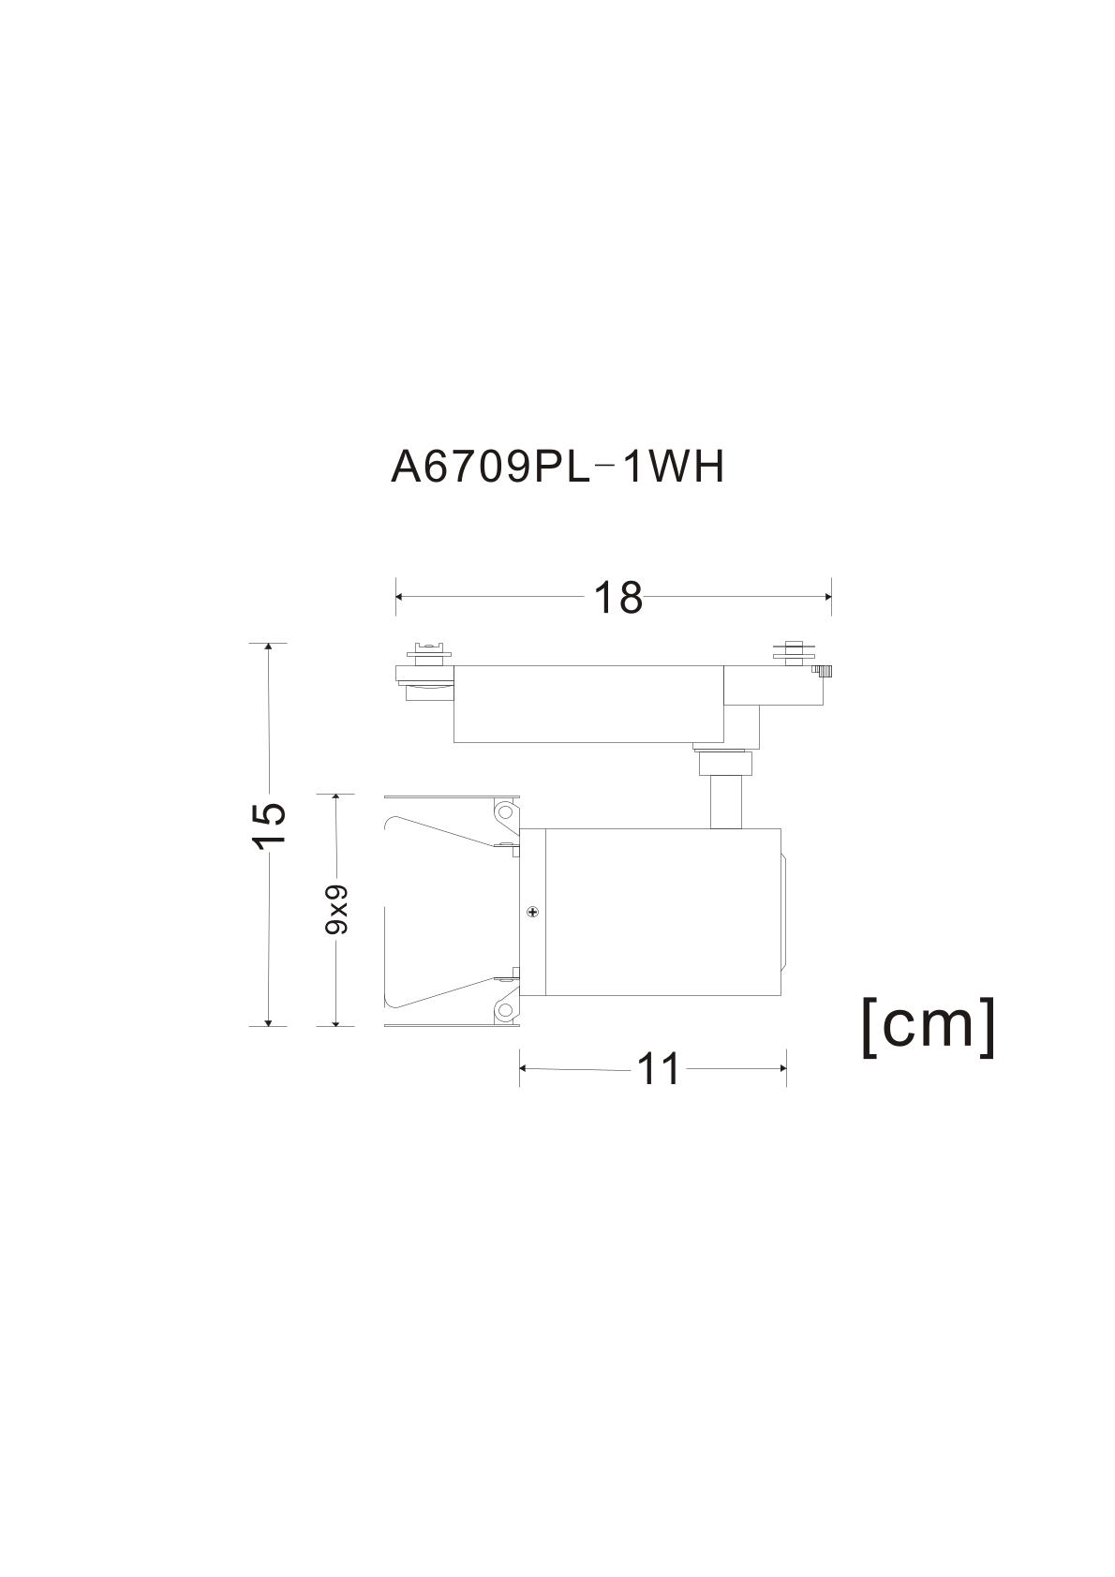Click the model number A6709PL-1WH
(557, 467)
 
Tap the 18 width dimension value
(618, 598)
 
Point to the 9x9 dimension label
(336, 909)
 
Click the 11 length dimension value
(658, 1069)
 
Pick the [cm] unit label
(929, 1027)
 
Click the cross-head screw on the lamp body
(532, 913)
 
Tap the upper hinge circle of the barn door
(504, 811)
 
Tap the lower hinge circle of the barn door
(504, 1011)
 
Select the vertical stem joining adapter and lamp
(726, 802)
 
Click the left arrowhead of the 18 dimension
(400, 597)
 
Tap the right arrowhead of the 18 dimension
(826, 597)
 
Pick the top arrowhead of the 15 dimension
(268, 648)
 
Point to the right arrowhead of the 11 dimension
(780, 1069)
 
